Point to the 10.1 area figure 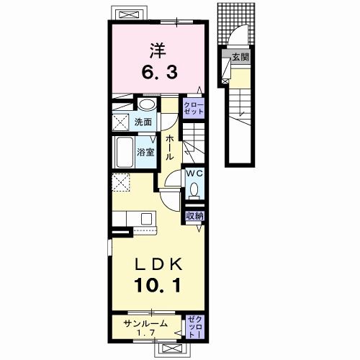coord(157,284)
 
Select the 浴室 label coord(145,153)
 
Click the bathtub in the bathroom coord(122,151)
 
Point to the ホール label coord(168,147)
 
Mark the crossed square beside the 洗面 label coord(120,122)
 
